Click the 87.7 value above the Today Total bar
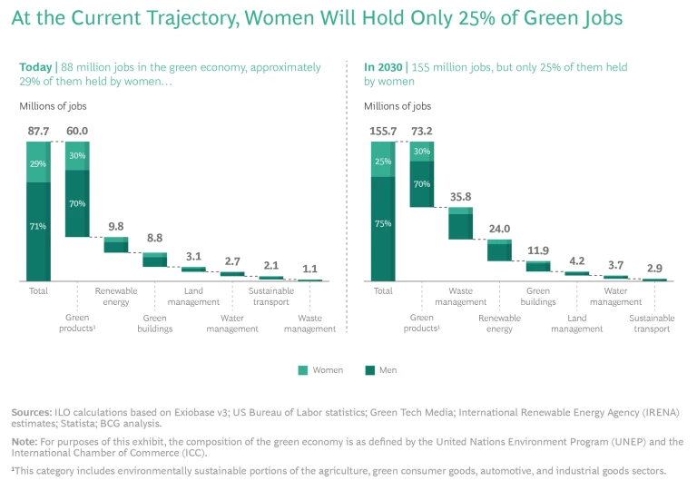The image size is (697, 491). tap(38, 131)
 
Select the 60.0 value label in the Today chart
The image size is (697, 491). tap(76, 131)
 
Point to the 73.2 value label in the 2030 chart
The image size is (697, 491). tap(421, 131)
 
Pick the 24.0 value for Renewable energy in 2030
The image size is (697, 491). tap(499, 230)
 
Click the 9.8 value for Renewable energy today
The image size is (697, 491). tap(115, 227)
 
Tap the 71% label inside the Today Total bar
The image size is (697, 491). tap(38, 226)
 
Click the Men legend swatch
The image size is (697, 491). tap(369, 370)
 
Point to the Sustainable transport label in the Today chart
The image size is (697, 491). tap(270, 297)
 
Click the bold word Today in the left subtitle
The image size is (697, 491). tap(36, 67)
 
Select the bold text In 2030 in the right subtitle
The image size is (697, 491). tap(384, 67)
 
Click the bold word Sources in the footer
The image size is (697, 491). tap(31, 412)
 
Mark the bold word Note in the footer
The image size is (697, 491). tap(24, 442)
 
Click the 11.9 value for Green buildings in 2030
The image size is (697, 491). tap(538, 250)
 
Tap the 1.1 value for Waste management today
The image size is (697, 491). tap(309, 269)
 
